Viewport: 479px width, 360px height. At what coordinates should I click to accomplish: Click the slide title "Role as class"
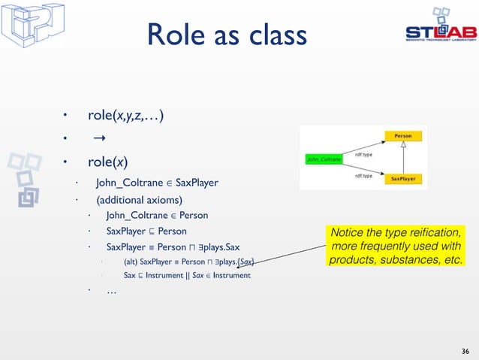(227, 35)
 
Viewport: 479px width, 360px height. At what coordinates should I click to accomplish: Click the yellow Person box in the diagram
(403, 136)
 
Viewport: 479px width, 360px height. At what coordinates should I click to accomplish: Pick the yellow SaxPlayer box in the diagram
(403, 180)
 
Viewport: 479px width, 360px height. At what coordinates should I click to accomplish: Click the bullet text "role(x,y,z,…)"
(126, 115)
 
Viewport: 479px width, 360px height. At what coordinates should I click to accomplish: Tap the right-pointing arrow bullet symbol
(98, 139)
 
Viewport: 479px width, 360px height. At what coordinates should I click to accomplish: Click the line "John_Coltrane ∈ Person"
(157, 216)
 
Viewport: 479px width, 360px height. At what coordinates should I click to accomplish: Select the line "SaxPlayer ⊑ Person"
(146, 231)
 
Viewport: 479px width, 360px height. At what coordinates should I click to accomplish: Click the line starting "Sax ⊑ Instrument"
(187, 276)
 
